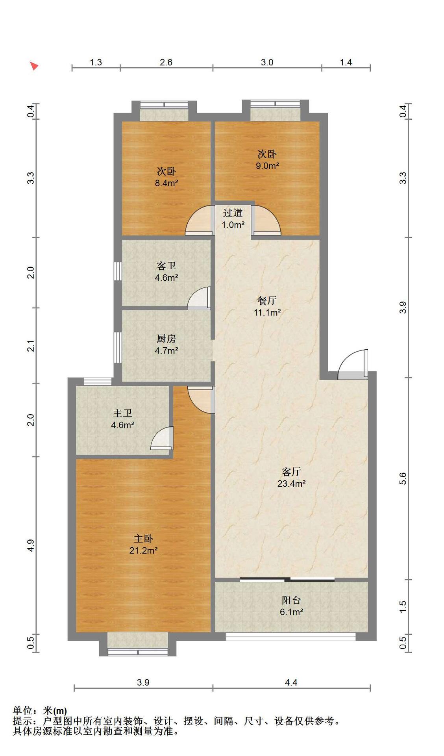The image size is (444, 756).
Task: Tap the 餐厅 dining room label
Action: (x=267, y=301)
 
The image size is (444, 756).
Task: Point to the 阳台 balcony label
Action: (x=292, y=600)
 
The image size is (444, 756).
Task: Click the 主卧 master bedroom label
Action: (x=143, y=539)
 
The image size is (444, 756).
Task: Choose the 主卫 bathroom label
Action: (x=122, y=413)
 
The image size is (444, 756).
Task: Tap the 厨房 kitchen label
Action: (x=166, y=339)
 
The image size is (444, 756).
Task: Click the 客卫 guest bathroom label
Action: (x=166, y=266)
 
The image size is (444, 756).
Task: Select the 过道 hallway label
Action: (x=233, y=213)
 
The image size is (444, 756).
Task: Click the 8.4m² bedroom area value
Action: (x=166, y=183)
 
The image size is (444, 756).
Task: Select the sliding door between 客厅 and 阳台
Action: (x=287, y=579)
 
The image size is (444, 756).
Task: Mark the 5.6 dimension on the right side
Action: (x=402, y=479)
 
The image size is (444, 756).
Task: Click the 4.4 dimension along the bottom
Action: (x=291, y=682)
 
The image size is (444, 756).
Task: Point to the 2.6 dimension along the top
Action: (x=166, y=62)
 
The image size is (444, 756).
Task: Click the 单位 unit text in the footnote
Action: (x=22, y=711)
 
